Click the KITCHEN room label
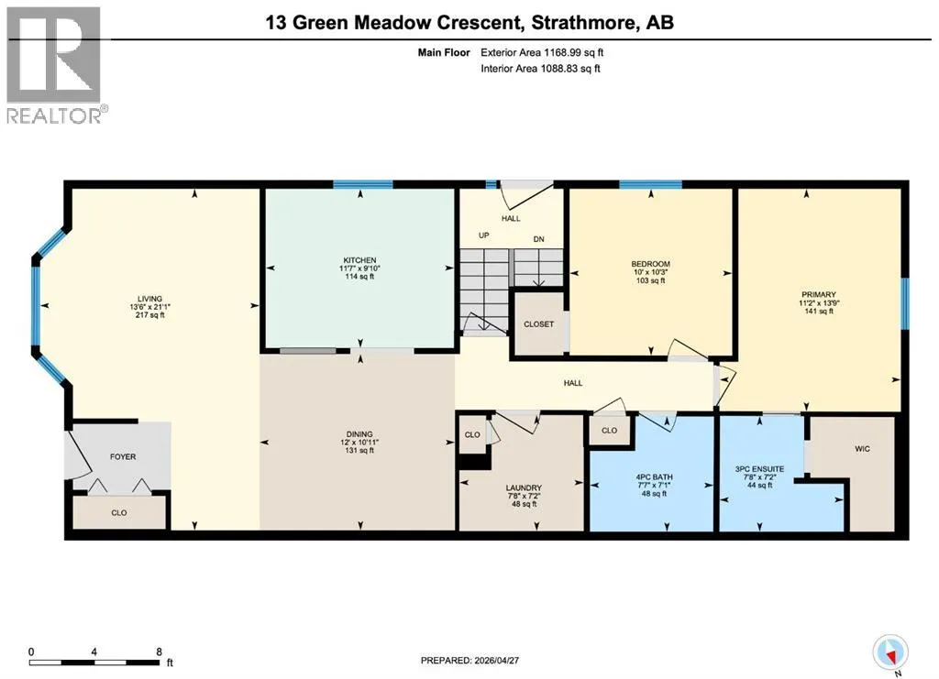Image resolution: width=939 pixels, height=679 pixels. point(359,260)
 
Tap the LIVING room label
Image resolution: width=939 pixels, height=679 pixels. point(149,299)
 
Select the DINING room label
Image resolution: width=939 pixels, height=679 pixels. point(359,434)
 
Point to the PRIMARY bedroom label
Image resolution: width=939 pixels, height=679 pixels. point(819,294)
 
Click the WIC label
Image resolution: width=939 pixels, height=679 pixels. point(862,449)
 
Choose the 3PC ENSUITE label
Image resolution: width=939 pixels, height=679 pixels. point(759,469)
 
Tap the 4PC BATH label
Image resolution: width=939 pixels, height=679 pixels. point(654,477)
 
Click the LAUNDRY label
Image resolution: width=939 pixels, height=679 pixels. point(524,487)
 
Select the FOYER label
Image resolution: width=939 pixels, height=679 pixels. point(123,456)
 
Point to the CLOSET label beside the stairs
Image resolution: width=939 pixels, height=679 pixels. point(539,324)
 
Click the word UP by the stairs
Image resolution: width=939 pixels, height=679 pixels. point(484,235)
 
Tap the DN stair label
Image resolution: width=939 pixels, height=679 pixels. point(539,239)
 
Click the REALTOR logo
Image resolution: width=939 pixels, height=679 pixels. point(54,64)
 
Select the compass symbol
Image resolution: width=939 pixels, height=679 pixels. point(890,653)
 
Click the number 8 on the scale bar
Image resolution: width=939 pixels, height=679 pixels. point(159,652)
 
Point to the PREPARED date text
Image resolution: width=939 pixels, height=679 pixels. point(469,661)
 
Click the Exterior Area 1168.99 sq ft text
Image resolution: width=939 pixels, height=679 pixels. point(542,52)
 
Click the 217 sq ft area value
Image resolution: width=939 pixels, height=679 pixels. point(149,314)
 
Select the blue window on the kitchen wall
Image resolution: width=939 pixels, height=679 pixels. point(363,184)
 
